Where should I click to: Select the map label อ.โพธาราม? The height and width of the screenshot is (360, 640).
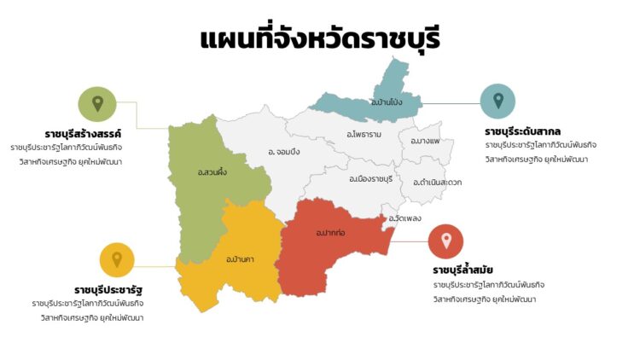coord(364,134)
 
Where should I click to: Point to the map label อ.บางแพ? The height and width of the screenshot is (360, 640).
coord(425,141)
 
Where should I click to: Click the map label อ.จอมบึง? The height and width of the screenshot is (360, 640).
coord(283,152)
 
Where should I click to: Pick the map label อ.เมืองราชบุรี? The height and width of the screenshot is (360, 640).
coord(370,179)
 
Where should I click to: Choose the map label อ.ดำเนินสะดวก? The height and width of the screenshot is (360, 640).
coord(436,183)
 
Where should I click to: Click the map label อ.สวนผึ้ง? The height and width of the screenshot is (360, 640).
coord(212,173)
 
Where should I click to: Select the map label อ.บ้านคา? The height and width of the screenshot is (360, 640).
coord(241,258)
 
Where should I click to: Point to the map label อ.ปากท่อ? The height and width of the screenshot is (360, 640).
coord(329,232)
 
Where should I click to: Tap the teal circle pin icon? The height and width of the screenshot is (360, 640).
coord(497,101)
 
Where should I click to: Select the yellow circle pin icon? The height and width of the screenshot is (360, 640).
coord(117,259)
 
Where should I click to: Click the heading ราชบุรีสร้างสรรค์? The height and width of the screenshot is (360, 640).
coord(84,134)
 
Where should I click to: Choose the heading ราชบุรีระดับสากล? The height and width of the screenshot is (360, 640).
coord(522,131)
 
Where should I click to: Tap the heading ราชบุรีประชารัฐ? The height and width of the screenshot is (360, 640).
coord(108,290)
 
